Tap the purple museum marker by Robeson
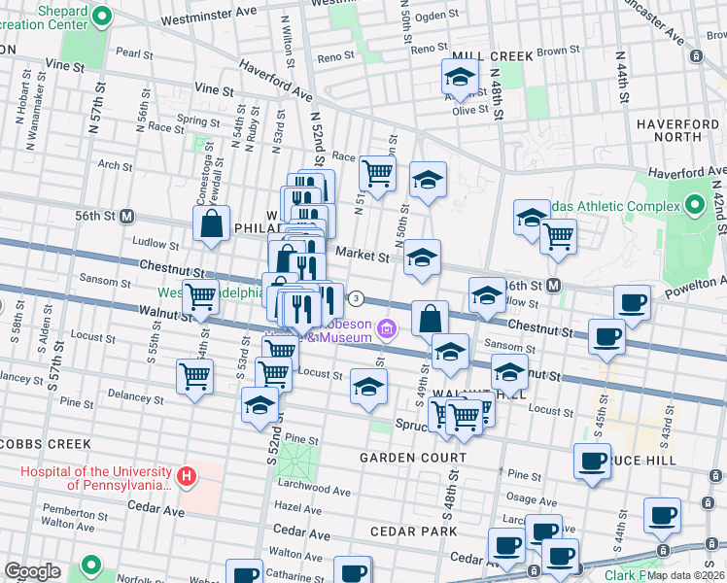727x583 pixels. tap(387, 329)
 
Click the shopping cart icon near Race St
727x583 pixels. tap(376, 174)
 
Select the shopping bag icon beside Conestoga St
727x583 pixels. tap(212, 224)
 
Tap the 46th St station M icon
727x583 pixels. tap(554, 286)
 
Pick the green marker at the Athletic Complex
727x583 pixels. tap(694, 206)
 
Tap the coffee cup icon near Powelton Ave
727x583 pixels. tap(632, 303)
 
